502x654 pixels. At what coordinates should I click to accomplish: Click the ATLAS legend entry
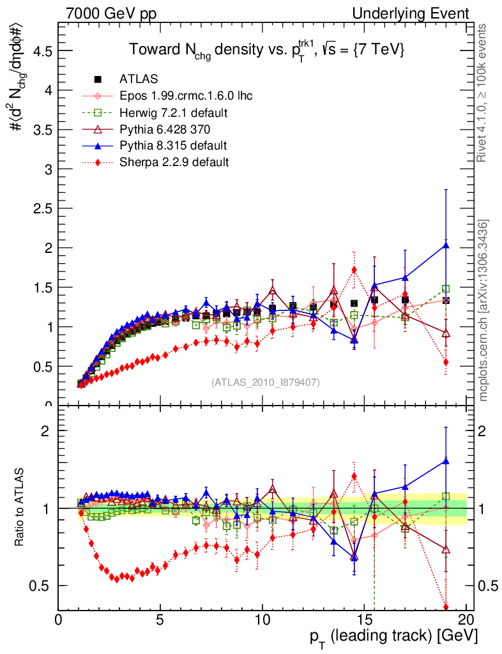coord(138,79)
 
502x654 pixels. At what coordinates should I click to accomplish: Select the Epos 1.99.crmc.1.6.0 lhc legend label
coord(186,96)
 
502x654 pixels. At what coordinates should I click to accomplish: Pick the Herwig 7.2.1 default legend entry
coord(174,112)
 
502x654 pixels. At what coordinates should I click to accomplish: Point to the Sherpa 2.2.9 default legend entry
coord(174,162)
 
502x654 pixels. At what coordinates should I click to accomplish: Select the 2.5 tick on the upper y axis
coord(43,209)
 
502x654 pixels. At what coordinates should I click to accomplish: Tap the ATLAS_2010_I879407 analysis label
coord(266,383)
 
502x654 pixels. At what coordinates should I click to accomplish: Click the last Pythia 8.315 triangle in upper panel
coord(446,245)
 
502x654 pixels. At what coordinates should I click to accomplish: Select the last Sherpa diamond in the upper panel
coord(446,362)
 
